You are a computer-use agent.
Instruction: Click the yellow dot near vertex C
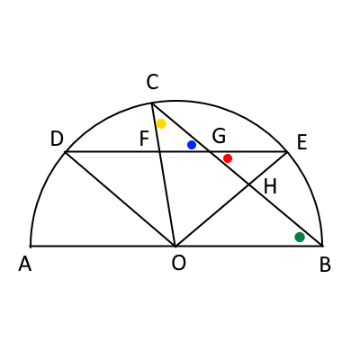(x=161, y=123)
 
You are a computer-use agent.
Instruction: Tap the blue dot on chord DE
(x=192, y=145)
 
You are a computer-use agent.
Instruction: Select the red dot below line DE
(x=228, y=158)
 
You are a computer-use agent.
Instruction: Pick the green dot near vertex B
(x=300, y=237)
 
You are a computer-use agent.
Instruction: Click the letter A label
(x=25, y=265)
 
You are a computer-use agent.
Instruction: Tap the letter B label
(x=325, y=265)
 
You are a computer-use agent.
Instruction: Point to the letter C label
(x=152, y=82)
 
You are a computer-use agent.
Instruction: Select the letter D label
(x=57, y=139)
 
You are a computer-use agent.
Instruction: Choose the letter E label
(x=301, y=142)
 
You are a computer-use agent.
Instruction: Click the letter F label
(x=145, y=139)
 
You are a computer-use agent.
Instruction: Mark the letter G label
(x=219, y=136)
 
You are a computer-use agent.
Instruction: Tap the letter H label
(x=270, y=186)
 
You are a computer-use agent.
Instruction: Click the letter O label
(x=179, y=263)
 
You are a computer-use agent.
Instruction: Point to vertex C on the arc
(x=152, y=103)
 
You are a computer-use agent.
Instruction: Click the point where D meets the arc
(x=66, y=152)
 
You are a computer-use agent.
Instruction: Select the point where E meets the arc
(x=288, y=152)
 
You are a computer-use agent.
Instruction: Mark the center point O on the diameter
(x=175, y=246)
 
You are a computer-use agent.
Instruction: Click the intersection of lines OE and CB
(x=248, y=184)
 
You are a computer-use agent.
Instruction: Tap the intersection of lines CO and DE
(x=160, y=152)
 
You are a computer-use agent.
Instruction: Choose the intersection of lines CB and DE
(x=209, y=152)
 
